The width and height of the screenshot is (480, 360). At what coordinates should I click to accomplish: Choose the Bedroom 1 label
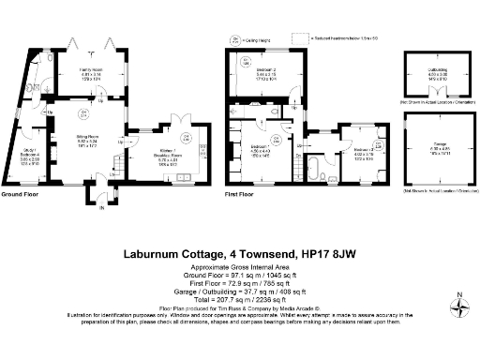[x=259, y=148]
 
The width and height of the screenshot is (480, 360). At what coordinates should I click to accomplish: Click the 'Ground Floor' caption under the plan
[x=19, y=194]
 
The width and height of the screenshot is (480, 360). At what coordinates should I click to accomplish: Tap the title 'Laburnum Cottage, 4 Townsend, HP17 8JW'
[x=239, y=253]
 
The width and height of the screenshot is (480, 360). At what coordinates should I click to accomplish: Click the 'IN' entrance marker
[x=91, y=208]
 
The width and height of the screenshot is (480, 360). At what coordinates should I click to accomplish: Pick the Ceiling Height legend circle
[x=232, y=39]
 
